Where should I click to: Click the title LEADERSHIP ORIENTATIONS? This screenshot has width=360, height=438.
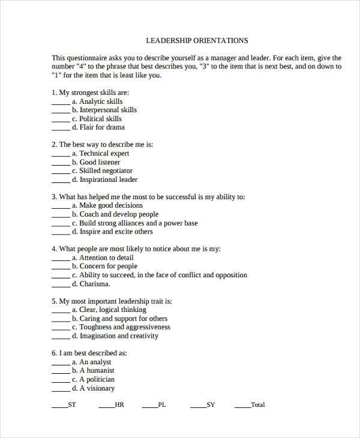(x=197, y=41)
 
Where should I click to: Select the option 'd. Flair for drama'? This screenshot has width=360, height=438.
(x=98, y=127)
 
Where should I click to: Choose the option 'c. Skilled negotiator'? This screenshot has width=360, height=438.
(x=102, y=171)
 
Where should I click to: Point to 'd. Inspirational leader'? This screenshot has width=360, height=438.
(x=104, y=179)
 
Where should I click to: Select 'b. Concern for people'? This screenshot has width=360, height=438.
(x=104, y=266)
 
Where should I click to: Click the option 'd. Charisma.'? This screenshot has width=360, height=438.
(x=91, y=284)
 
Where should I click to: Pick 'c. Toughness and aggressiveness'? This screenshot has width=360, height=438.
(x=121, y=327)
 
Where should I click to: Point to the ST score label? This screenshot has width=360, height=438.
(x=72, y=405)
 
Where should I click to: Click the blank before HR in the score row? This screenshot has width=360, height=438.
(x=106, y=406)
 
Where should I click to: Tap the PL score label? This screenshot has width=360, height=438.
(x=162, y=405)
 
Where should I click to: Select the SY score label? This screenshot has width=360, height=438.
(x=211, y=405)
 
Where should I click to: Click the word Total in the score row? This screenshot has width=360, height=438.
(x=257, y=405)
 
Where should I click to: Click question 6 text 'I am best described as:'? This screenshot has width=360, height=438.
(x=93, y=353)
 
